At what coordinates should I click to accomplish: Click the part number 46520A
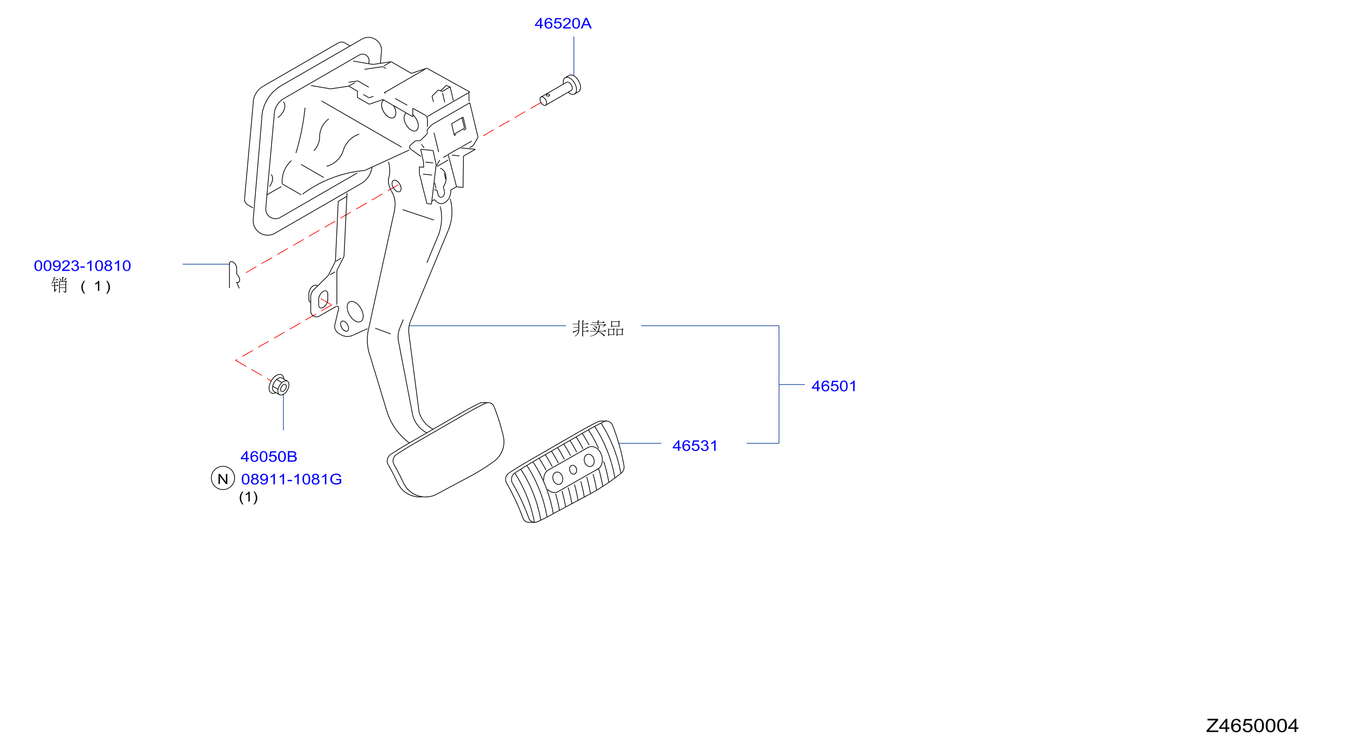[563, 24]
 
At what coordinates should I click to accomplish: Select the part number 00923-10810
[83, 266]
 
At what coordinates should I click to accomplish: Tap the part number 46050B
[268, 456]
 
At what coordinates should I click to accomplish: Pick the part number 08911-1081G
[291, 479]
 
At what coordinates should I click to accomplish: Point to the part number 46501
[833, 386]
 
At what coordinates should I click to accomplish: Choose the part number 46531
[694, 446]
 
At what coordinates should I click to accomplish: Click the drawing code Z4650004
[1252, 726]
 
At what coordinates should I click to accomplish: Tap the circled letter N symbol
[223, 478]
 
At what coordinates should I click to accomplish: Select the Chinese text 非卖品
[598, 328]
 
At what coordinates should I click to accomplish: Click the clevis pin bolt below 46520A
[561, 91]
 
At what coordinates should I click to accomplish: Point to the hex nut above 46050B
[279, 385]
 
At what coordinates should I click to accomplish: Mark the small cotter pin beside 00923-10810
[234, 275]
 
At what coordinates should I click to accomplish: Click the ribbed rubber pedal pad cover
[565, 472]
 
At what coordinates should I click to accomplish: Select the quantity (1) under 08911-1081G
[249, 497]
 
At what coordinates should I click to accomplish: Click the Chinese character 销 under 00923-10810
[59, 285]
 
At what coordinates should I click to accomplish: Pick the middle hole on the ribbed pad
[573, 470]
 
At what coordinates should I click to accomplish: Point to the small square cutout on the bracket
[458, 126]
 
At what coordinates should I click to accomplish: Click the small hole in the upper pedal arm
[397, 186]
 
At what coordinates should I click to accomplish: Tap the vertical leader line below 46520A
[574, 56]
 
